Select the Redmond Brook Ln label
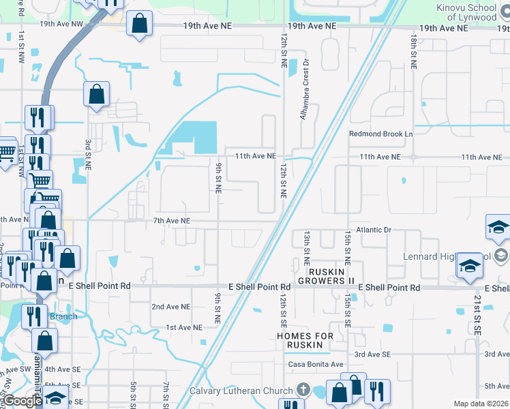point(381,134)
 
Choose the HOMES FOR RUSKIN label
point(305,341)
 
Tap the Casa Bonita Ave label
point(316,365)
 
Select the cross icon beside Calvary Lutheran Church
point(305,391)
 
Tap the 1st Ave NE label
point(184,328)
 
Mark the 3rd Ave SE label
point(372,354)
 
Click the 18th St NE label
point(413,51)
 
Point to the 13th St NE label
point(307,247)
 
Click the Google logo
point(22,401)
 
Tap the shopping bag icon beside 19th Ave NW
point(139,24)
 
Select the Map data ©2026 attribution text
point(481,404)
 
